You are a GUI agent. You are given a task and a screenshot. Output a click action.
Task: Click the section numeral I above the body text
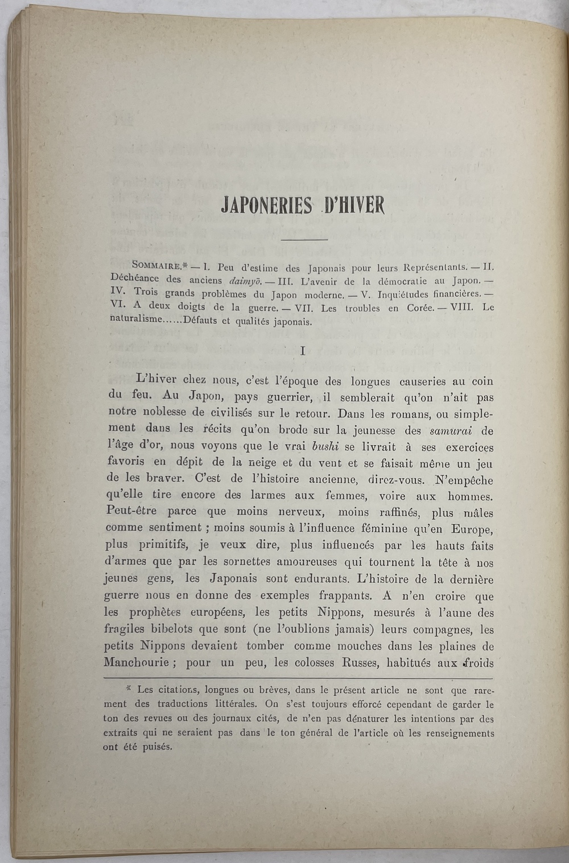coord(303,351)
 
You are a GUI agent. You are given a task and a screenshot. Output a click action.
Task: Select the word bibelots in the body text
coord(172,630)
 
